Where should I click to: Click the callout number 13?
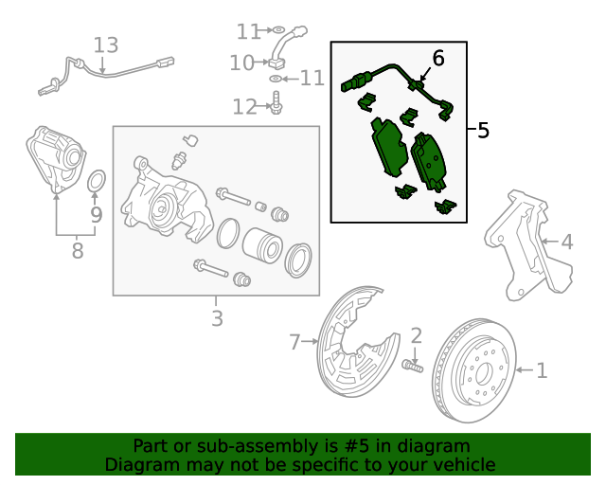[x=106, y=45]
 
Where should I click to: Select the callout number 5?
[x=484, y=131]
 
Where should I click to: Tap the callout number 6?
[x=437, y=59]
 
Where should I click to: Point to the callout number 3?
[x=217, y=318]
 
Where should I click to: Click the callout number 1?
[x=542, y=370]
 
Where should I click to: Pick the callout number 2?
[x=416, y=335]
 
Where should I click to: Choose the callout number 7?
[x=294, y=340]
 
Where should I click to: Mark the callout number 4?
[x=566, y=242]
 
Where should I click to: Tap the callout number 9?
[x=96, y=215]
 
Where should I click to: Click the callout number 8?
[x=78, y=251]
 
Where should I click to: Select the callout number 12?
[x=244, y=107]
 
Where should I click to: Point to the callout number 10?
[x=241, y=63]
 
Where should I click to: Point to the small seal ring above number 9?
[x=97, y=181]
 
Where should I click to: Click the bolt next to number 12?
[x=276, y=103]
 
